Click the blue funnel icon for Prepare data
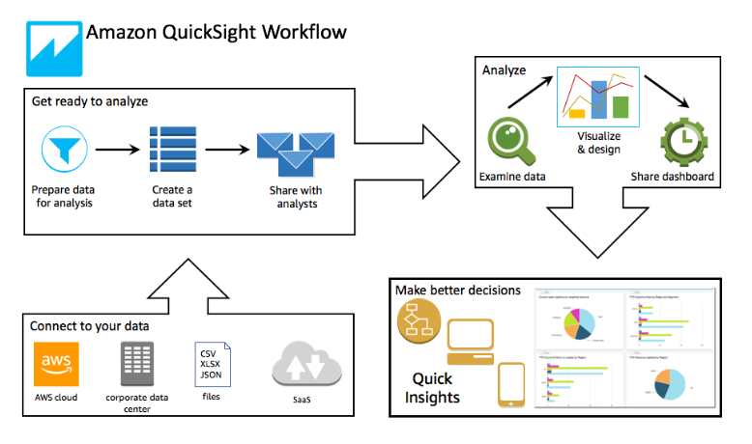coord(65,147)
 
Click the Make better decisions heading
coord(457,290)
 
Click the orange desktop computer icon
coord(477,340)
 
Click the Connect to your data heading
coord(89,326)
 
